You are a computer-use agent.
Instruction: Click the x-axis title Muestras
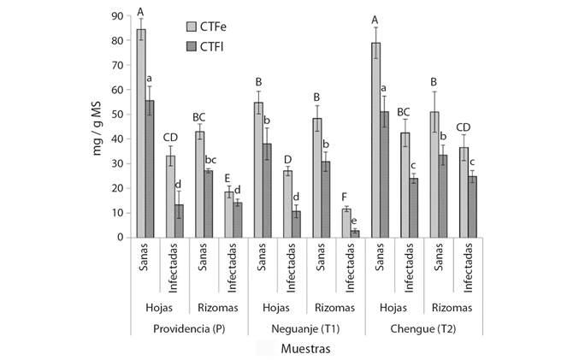(306, 349)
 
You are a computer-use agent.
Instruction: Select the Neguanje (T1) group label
(306, 328)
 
